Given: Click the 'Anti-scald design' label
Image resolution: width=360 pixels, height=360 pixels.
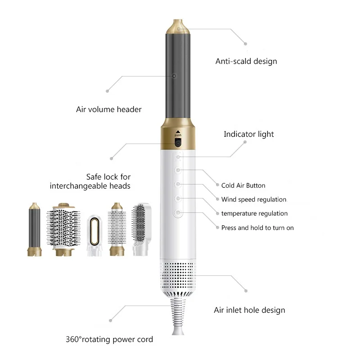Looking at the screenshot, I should (246, 61).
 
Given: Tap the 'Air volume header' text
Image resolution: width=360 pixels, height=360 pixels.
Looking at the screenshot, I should (108, 109).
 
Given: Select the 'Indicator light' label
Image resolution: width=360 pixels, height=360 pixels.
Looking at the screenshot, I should (249, 134).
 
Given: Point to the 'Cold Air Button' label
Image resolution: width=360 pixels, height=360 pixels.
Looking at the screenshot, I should (243, 185).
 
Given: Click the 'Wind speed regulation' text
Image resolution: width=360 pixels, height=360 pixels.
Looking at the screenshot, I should (253, 199).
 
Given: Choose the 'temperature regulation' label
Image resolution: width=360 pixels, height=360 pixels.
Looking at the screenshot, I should (254, 213).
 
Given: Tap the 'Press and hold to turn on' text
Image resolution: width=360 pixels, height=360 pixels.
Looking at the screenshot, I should (257, 228).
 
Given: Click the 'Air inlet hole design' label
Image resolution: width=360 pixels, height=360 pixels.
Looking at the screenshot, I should (249, 310).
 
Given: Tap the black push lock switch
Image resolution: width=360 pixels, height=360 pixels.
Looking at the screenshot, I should (178, 143).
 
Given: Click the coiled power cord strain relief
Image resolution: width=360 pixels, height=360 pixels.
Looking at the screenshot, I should (178, 315).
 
